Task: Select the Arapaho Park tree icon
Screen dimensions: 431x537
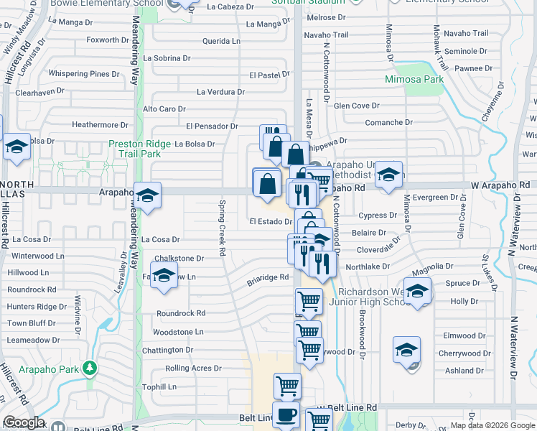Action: pyautogui.click(x=89, y=369)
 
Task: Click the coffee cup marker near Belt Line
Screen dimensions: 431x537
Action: pyautogui.click(x=287, y=415)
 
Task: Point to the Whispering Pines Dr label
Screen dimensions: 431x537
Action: pyautogui.click(x=84, y=73)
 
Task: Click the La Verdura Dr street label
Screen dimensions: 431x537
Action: pyautogui.click(x=220, y=92)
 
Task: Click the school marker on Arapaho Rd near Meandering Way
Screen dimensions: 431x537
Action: pyautogui.click(x=147, y=196)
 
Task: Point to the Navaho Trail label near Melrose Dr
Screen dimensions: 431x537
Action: pyautogui.click(x=326, y=34)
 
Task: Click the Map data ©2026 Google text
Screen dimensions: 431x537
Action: pyautogui.click(x=492, y=425)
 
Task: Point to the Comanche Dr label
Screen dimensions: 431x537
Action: pyautogui.click(x=388, y=122)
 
